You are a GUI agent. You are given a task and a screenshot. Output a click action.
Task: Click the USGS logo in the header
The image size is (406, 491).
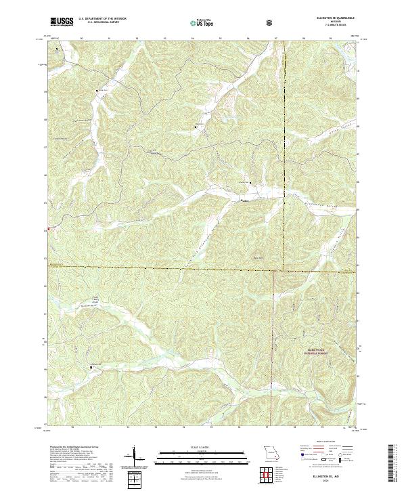[x=62, y=22]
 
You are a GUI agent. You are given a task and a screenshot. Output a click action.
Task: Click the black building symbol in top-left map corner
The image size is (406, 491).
[x=57, y=49]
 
